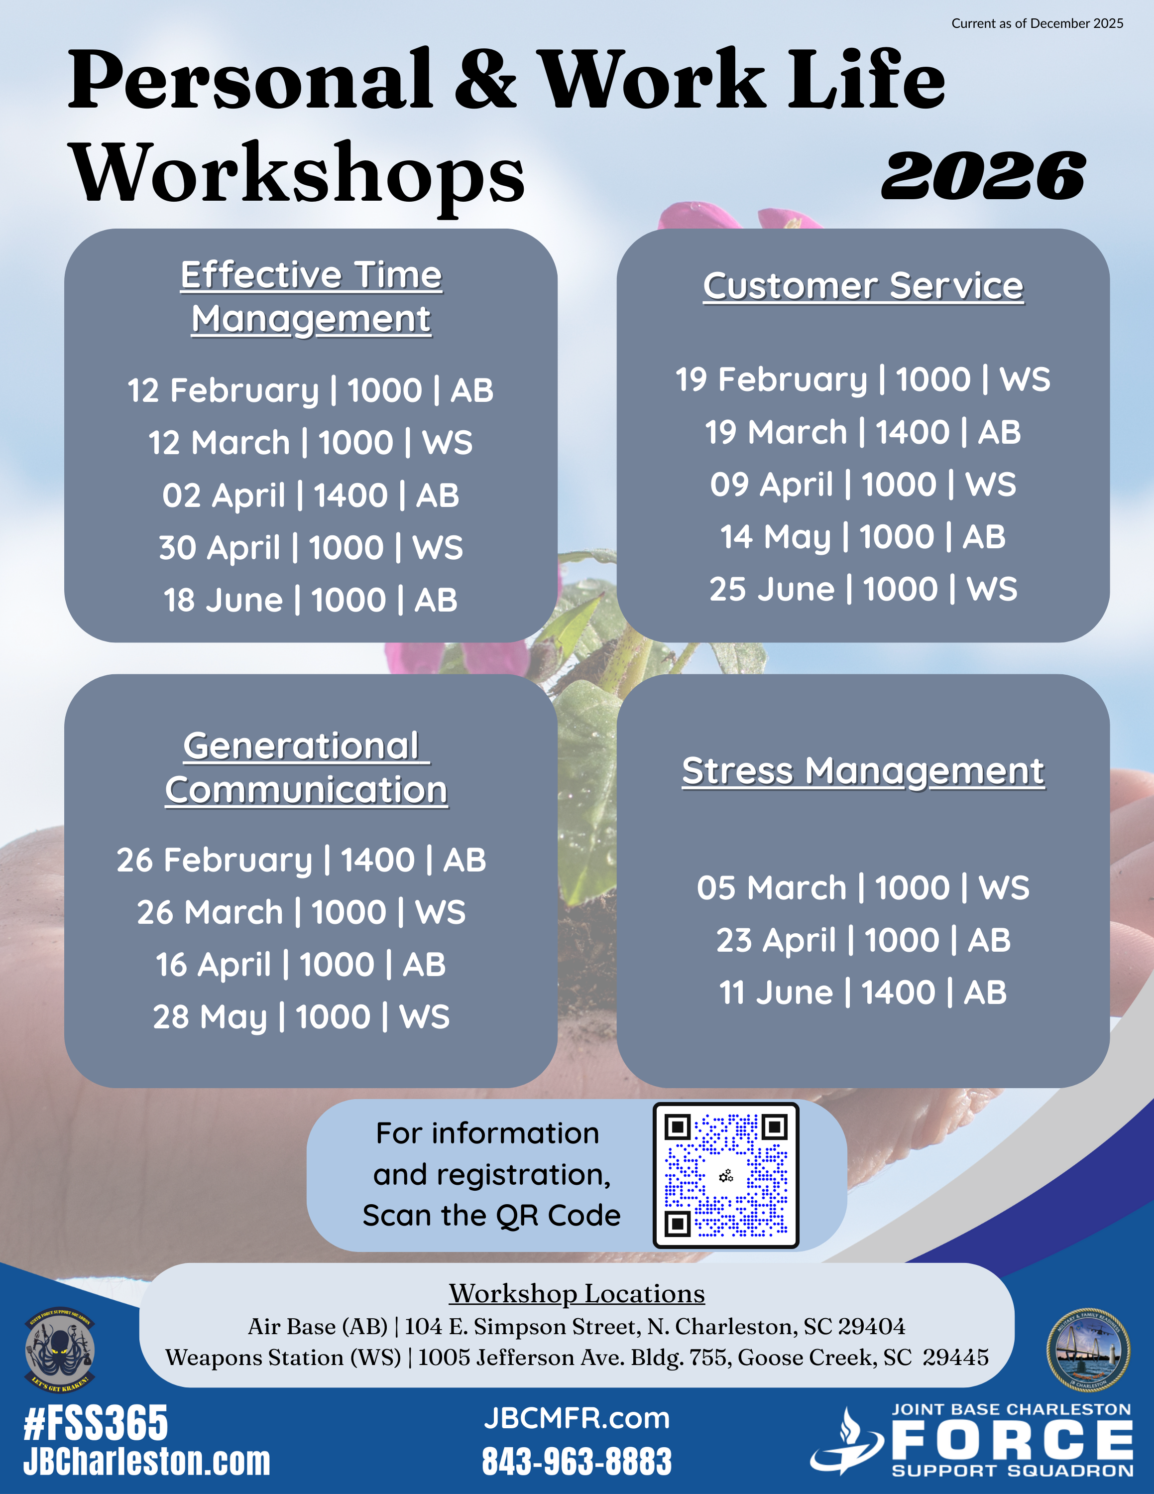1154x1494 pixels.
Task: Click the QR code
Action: [x=726, y=1176]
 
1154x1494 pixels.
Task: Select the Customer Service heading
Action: [x=863, y=286]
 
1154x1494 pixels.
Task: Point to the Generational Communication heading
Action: [x=306, y=768]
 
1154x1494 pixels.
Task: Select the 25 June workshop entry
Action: [x=863, y=589]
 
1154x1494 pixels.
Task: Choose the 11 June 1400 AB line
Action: [x=863, y=993]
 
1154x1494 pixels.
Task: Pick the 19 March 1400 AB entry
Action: [x=863, y=432]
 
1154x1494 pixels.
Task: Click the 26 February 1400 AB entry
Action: [x=302, y=860]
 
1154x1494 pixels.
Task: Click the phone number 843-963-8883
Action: [x=577, y=1461]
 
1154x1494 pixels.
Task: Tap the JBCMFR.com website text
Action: [x=577, y=1419]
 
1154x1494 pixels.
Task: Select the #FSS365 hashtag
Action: [x=96, y=1424]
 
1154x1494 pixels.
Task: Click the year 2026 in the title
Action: [x=983, y=176]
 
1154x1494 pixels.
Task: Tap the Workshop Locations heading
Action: [x=577, y=1294]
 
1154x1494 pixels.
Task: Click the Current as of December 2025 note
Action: [x=1037, y=23]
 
